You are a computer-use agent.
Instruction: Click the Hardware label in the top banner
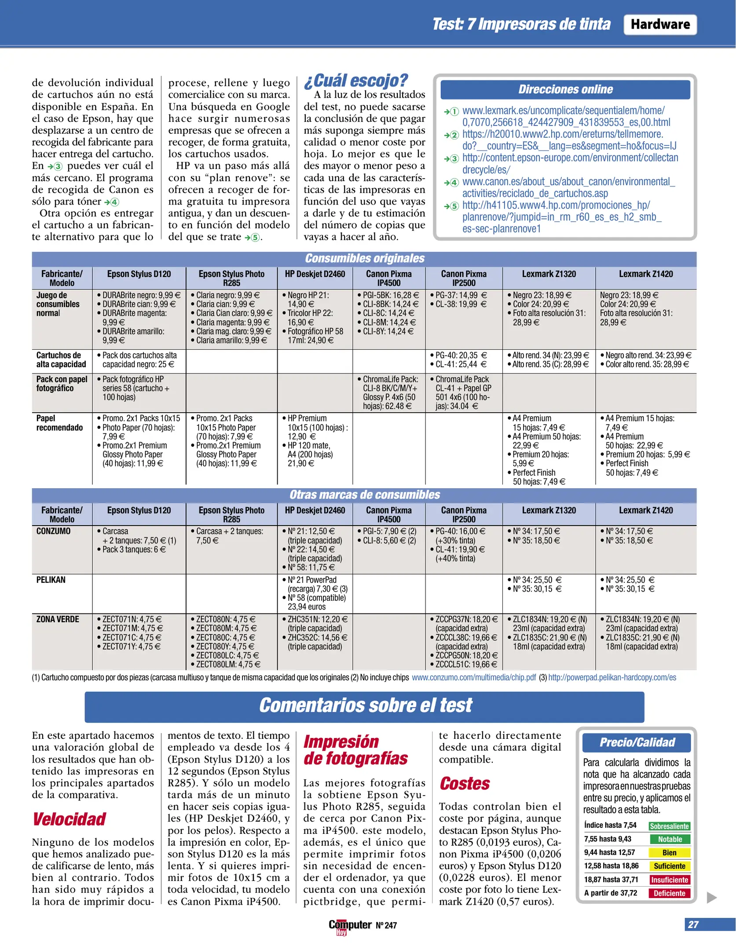click(x=659, y=25)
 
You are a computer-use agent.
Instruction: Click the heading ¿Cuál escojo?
click(x=356, y=80)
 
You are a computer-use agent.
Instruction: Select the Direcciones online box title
click(x=565, y=89)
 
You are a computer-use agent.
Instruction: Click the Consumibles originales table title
click(x=364, y=258)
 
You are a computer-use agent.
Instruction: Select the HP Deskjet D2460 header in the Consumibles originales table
click(x=315, y=274)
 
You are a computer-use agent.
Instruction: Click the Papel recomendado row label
click(x=59, y=423)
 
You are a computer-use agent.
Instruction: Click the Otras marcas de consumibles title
click(x=364, y=495)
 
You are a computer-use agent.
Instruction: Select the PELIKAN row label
click(x=51, y=580)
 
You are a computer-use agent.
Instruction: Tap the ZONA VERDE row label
click(x=57, y=619)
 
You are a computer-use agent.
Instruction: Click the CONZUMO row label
click(x=53, y=531)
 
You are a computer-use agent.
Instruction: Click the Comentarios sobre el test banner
click(x=364, y=705)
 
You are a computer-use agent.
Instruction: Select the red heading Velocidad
click(x=69, y=819)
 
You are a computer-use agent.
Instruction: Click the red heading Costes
click(x=464, y=783)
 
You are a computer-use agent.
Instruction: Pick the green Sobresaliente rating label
click(x=669, y=826)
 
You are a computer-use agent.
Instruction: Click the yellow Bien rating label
click(x=669, y=852)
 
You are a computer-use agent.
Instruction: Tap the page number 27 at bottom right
click(x=693, y=924)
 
